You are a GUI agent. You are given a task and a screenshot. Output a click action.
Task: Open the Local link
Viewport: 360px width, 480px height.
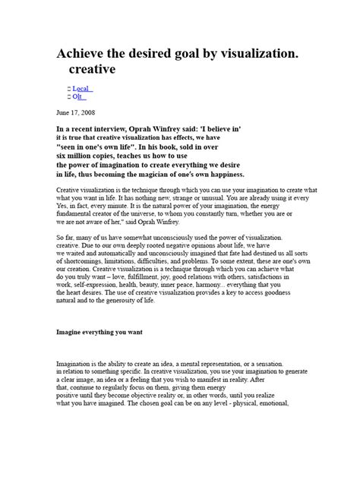[82, 89]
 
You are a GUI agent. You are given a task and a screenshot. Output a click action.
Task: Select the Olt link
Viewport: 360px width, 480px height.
[79, 97]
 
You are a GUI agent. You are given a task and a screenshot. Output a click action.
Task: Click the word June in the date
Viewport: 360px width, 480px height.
[65, 111]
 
